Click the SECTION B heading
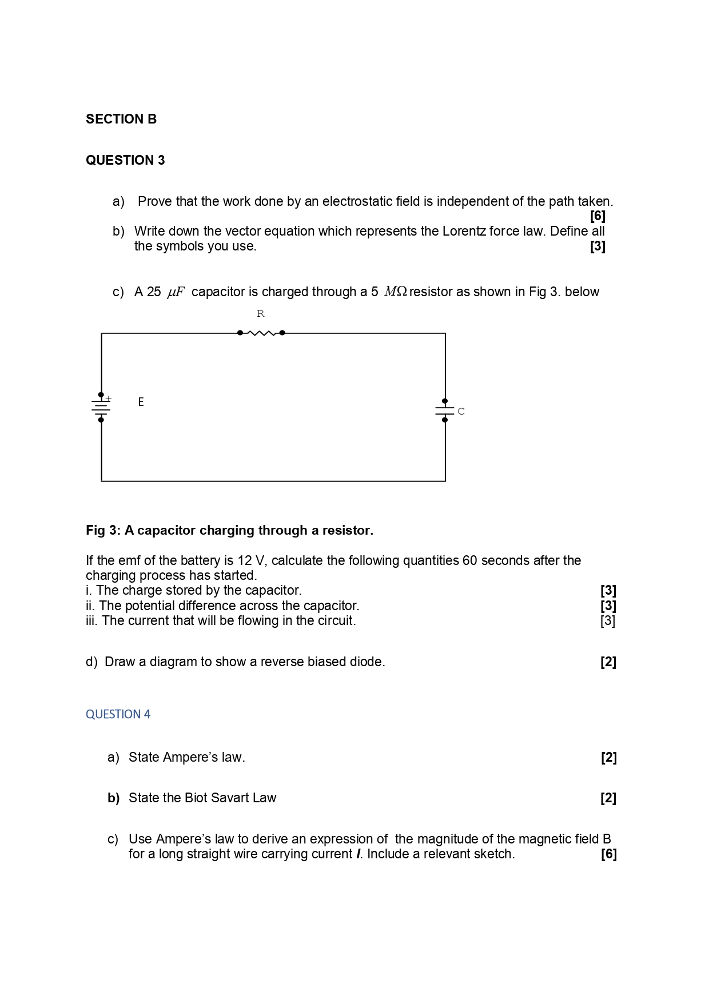pos(121,119)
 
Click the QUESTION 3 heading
pos(125,160)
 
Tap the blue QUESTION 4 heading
pos(118,714)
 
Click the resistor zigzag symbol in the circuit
pos(261,333)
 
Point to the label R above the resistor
pos(261,314)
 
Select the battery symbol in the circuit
pos(101,407)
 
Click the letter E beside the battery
pos(141,402)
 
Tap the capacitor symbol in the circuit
pos(445,411)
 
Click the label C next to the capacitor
pos(461,411)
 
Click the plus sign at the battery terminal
pos(109,399)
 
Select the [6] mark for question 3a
pos(598,216)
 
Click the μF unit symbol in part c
pos(176,292)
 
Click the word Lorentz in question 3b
pos(464,231)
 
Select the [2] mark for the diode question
pos(608,662)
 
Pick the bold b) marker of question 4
pos(113,798)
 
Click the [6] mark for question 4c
pos(608,854)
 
